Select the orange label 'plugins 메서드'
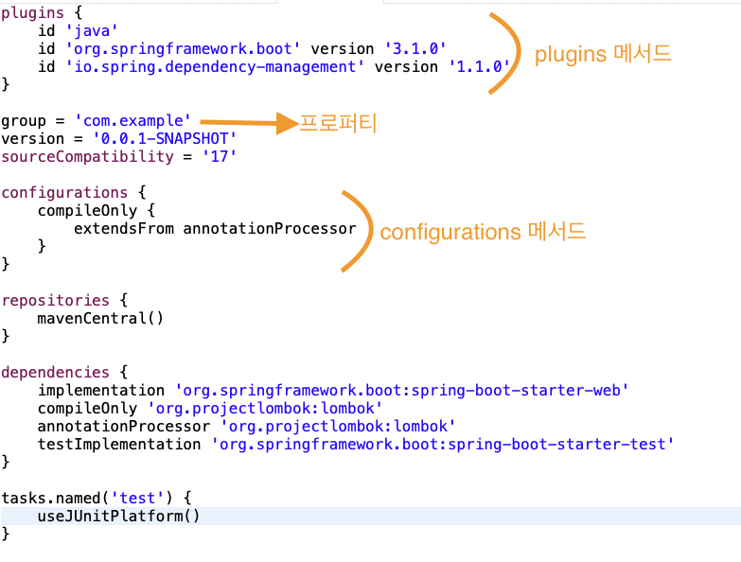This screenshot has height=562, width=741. pyautogui.click(x=603, y=54)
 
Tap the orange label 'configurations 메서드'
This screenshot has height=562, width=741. pyautogui.click(x=483, y=232)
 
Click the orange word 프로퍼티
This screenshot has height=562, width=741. pyautogui.click(x=338, y=123)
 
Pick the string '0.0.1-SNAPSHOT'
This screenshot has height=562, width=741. pyautogui.click(x=164, y=139)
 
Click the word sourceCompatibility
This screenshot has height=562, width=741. pyautogui.click(x=88, y=157)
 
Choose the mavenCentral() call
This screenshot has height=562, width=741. pyautogui.click(x=100, y=318)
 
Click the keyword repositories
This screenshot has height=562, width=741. pyautogui.click(x=55, y=300)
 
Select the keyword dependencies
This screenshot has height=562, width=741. pyautogui.click(x=55, y=372)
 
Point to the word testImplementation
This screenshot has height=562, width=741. pyautogui.click(x=119, y=444)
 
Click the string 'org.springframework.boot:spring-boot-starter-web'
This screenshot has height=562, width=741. pyautogui.click(x=402, y=390)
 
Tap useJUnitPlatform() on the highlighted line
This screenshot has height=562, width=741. pyautogui.click(x=119, y=516)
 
